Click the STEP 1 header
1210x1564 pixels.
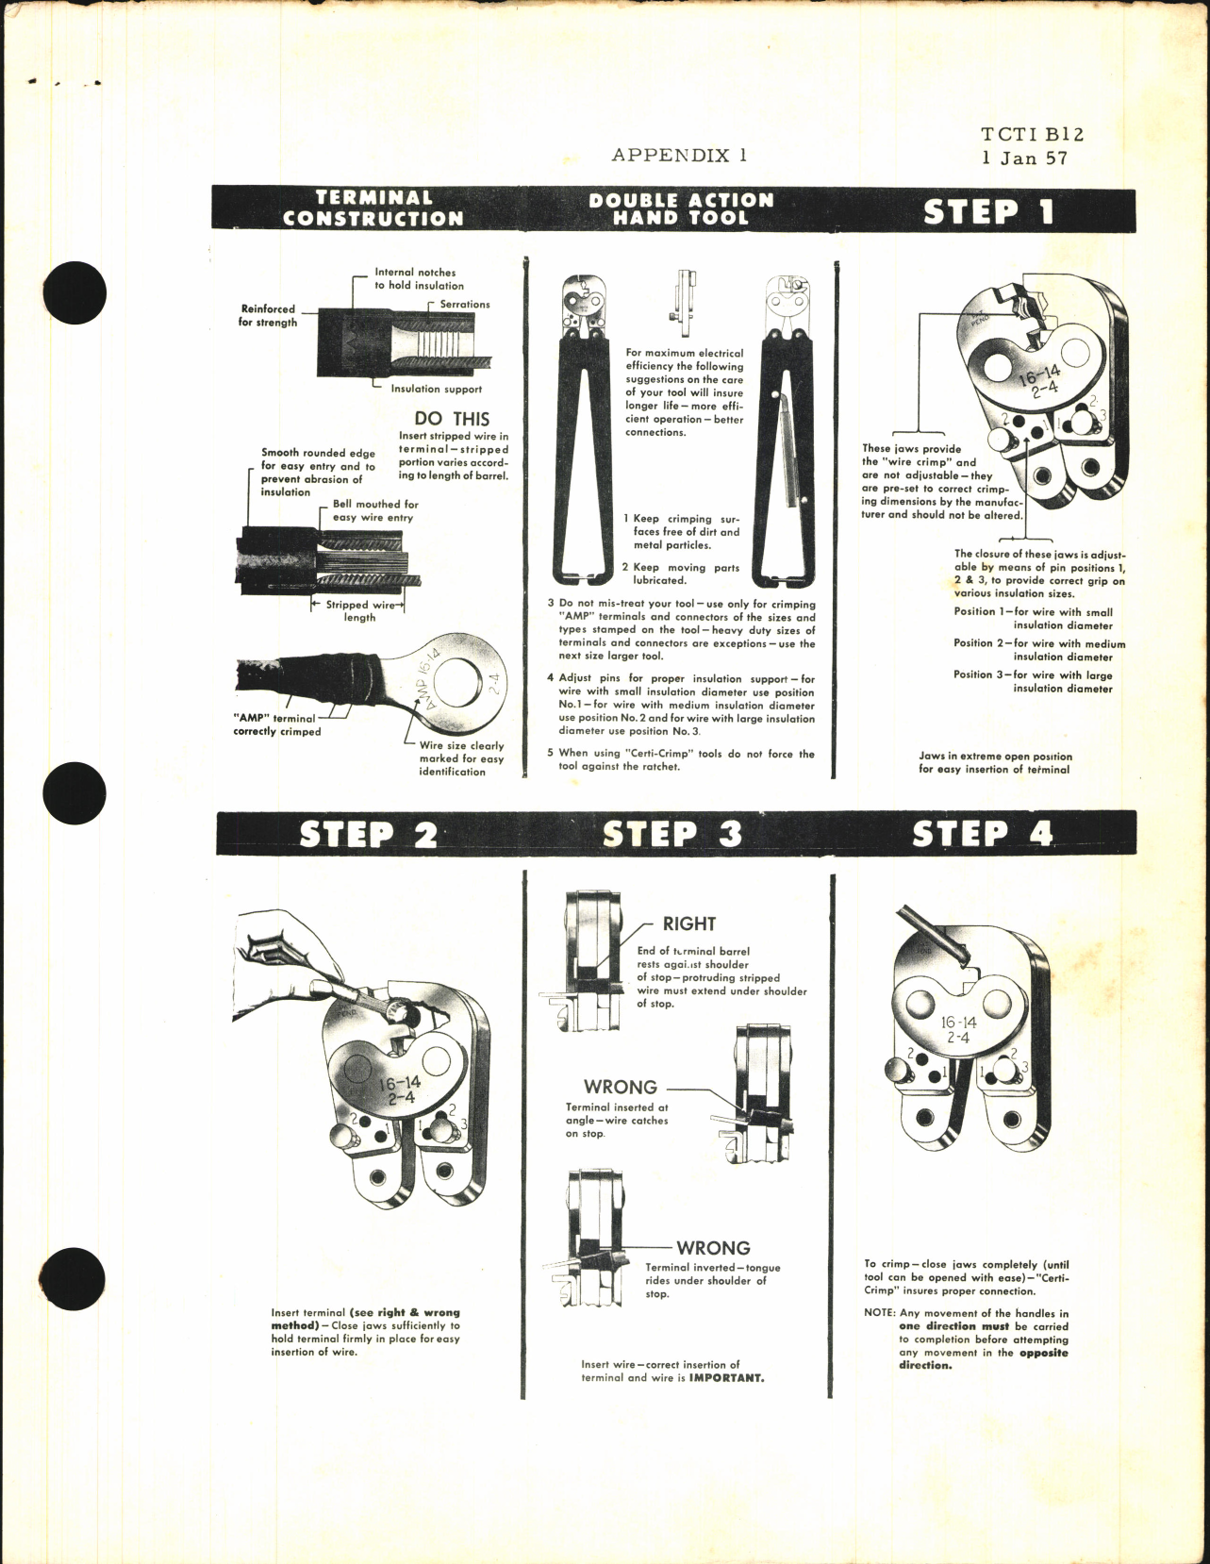pos(987,210)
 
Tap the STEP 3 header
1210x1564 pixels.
pos(671,833)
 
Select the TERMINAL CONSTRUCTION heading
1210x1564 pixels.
pos(373,208)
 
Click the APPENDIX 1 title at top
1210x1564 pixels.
pos(679,155)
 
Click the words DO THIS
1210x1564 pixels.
pos(452,419)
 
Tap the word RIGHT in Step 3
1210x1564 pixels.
pos(688,923)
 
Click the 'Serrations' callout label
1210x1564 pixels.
pos(464,305)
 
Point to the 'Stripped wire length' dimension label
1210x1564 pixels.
pos(359,611)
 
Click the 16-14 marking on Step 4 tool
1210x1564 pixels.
pos(959,1023)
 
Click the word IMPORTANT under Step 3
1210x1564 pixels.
pos(727,1376)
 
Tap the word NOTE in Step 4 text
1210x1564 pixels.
pos(880,1313)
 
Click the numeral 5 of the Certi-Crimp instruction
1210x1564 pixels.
pos(550,754)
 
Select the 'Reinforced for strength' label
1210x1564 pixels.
pos(268,315)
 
